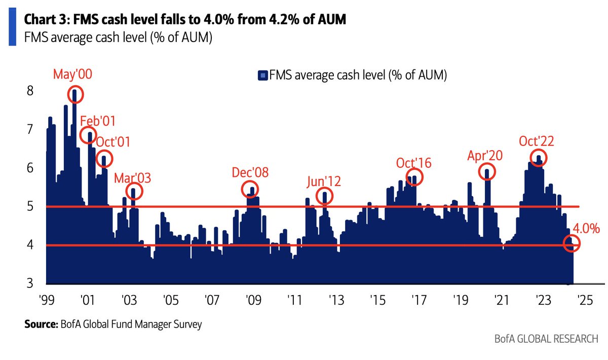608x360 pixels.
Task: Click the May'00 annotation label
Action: tap(73, 75)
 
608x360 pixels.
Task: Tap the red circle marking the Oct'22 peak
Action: tap(538, 157)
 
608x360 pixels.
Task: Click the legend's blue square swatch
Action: tap(262, 76)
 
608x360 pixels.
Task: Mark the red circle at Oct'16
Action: tap(414, 177)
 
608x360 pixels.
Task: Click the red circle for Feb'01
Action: tap(89, 135)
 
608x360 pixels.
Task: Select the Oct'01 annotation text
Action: tap(112, 142)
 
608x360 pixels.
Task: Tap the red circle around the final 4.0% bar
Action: tap(573, 244)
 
